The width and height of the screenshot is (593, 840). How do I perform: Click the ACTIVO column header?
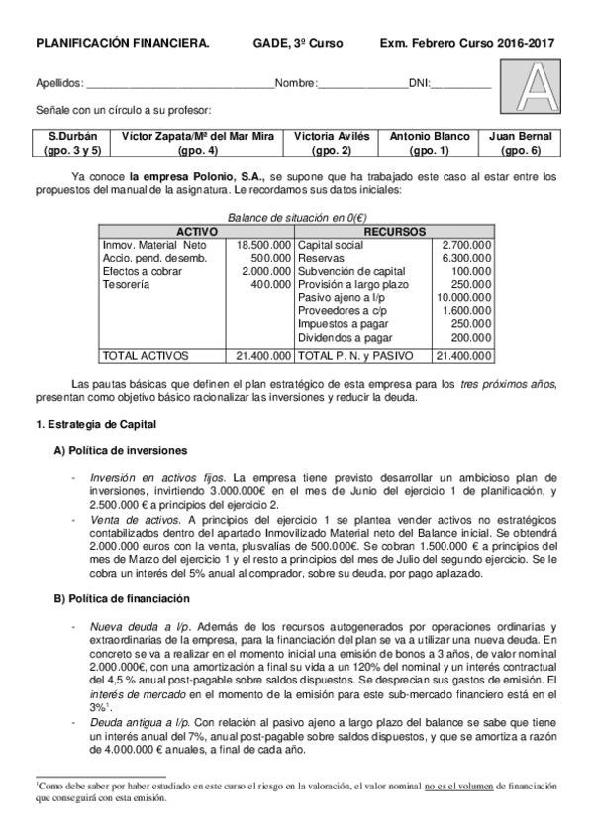click(196, 231)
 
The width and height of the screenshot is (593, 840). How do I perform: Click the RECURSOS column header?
click(395, 231)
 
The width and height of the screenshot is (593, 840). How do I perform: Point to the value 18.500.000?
click(263, 244)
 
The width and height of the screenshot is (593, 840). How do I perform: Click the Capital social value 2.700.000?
click(465, 244)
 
